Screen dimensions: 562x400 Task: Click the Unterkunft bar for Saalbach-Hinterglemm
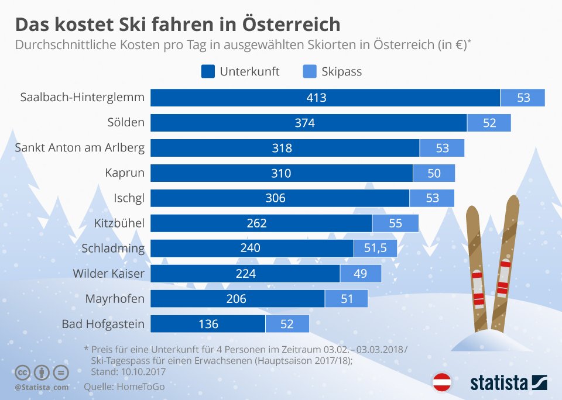point(325,98)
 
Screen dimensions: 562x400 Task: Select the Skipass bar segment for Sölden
point(489,123)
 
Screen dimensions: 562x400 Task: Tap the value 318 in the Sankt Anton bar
point(282,148)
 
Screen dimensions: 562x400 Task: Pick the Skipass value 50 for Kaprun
point(434,173)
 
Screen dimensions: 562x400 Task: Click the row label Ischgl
point(129,198)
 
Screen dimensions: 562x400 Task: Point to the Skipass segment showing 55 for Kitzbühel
point(395,223)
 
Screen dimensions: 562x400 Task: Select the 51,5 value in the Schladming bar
point(375,248)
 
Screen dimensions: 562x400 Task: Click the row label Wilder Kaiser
point(109,274)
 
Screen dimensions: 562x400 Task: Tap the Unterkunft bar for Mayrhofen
point(238,299)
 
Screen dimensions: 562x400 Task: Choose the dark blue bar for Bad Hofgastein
point(208,324)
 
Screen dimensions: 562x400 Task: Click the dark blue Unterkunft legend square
point(208,71)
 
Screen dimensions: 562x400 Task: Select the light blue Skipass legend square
point(310,71)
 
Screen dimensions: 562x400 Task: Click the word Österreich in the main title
point(291,25)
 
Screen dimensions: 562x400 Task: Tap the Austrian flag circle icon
point(441,382)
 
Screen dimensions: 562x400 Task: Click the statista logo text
point(499,383)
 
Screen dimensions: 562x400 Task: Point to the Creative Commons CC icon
point(22,373)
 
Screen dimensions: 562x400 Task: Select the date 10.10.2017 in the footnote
point(143,372)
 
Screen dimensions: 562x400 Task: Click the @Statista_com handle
point(42,388)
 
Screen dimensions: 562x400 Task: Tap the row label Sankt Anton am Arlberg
point(80,148)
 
